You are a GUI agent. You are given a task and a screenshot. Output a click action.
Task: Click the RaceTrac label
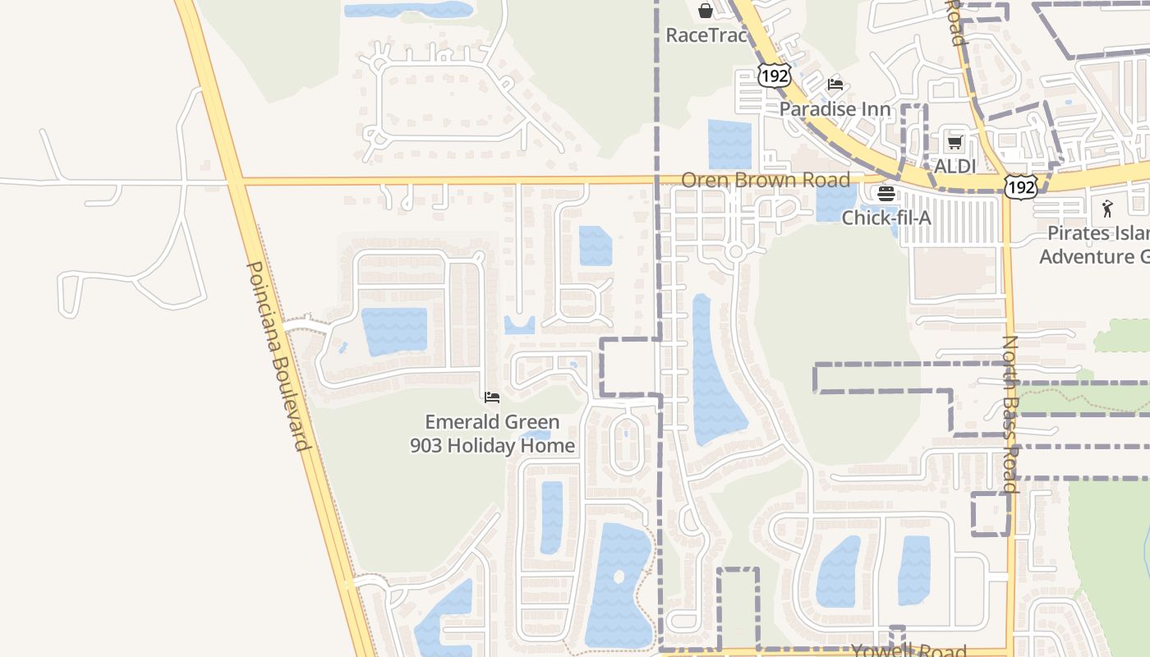pos(706,35)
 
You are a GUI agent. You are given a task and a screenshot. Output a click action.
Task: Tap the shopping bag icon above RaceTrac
pos(705,11)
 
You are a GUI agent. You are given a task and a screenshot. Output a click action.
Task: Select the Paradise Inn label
pos(835,108)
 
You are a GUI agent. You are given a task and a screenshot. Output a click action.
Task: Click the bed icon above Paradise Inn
pos(835,84)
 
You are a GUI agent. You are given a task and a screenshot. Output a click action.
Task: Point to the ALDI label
pos(954,166)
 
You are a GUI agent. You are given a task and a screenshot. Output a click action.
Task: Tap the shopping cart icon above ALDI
pos(954,143)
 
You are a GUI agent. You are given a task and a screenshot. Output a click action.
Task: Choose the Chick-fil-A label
pos(886,218)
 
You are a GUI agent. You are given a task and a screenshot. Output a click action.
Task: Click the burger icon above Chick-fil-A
pos(885,194)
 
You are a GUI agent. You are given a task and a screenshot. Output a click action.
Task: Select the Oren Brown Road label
pos(766,179)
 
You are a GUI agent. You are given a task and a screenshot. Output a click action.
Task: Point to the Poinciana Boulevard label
pos(278,356)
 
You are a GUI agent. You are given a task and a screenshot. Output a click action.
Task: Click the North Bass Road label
pos(1010,414)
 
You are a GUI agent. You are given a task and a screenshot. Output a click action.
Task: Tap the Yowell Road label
pos(908,650)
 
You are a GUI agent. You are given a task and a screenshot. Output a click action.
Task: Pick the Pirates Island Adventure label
pos(1094,245)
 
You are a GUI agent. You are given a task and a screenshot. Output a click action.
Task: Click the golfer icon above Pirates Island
pos(1107,209)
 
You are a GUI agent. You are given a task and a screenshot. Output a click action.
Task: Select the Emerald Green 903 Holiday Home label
pos(492,434)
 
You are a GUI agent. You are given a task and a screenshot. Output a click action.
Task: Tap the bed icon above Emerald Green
pos(492,397)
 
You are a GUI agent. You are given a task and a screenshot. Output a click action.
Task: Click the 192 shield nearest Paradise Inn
pos(774,76)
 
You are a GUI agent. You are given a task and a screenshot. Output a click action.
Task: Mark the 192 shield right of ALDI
pos(1020,187)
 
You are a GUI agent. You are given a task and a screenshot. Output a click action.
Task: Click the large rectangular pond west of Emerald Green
pos(394,330)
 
